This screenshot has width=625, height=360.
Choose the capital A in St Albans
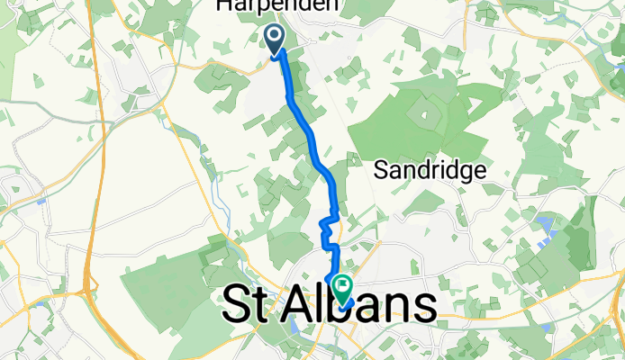[295, 305]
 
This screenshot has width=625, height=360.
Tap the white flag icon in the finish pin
[344, 287]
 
